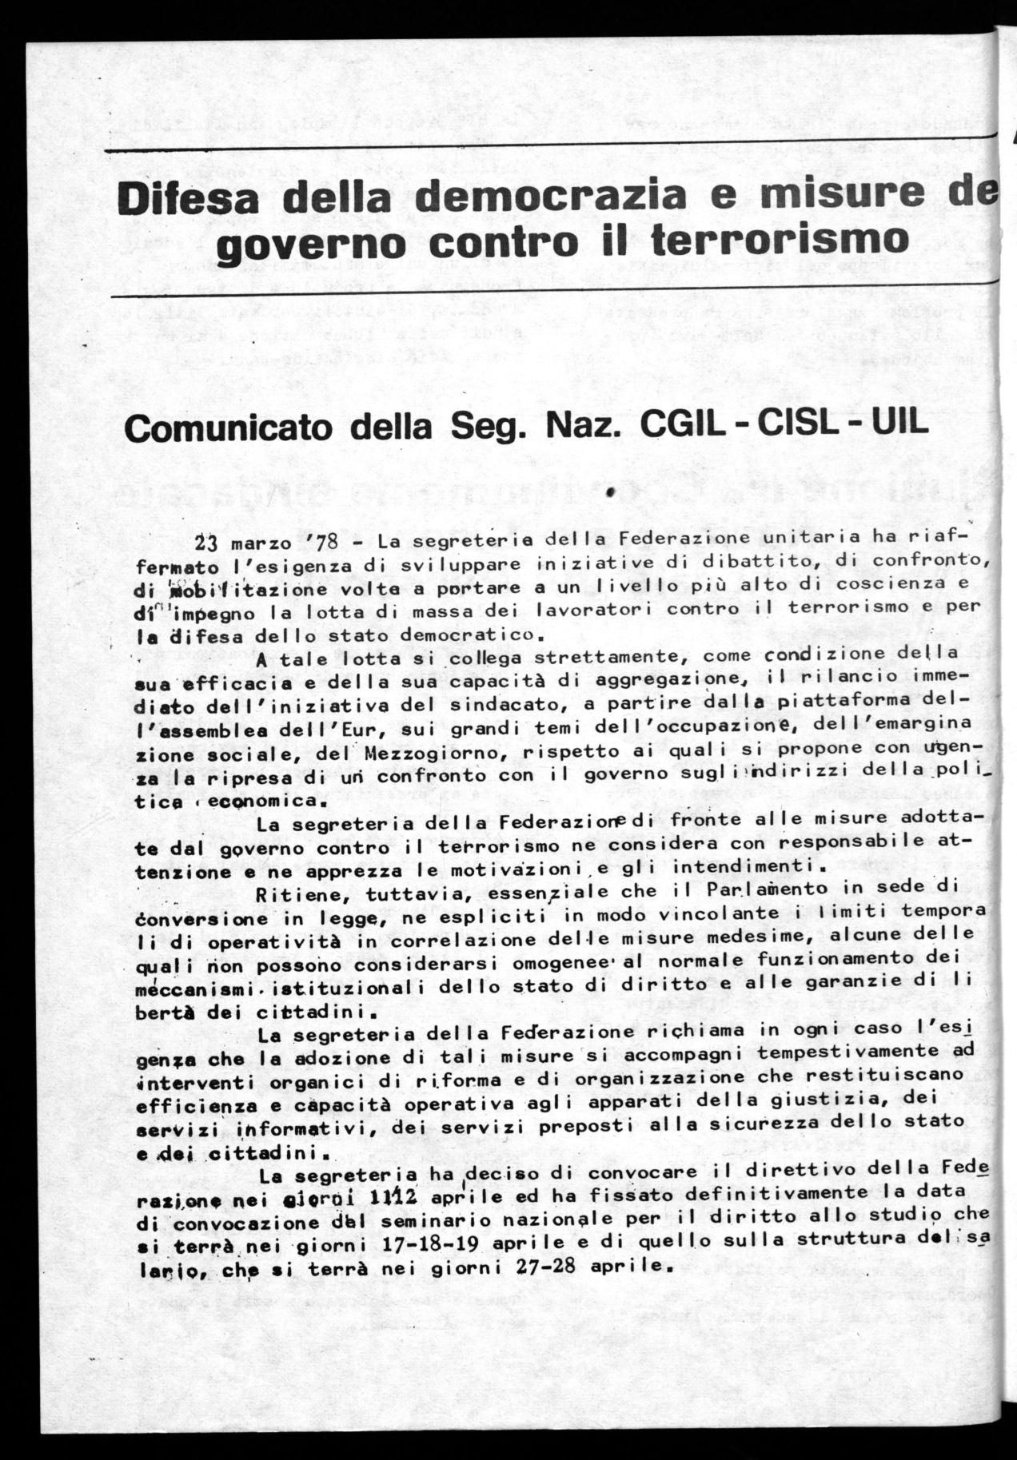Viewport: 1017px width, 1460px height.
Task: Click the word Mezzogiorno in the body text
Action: click(x=431, y=752)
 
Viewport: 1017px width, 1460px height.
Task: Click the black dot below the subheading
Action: click(x=609, y=494)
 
